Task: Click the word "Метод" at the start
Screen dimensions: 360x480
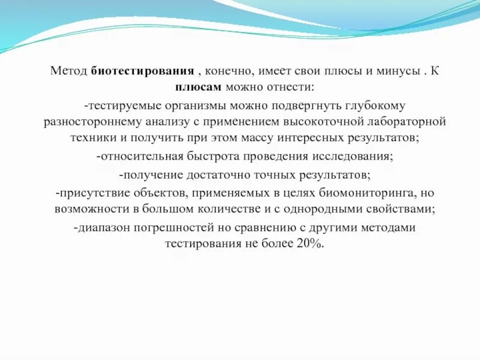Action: tap(69, 71)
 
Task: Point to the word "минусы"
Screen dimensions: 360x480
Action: tap(393, 71)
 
